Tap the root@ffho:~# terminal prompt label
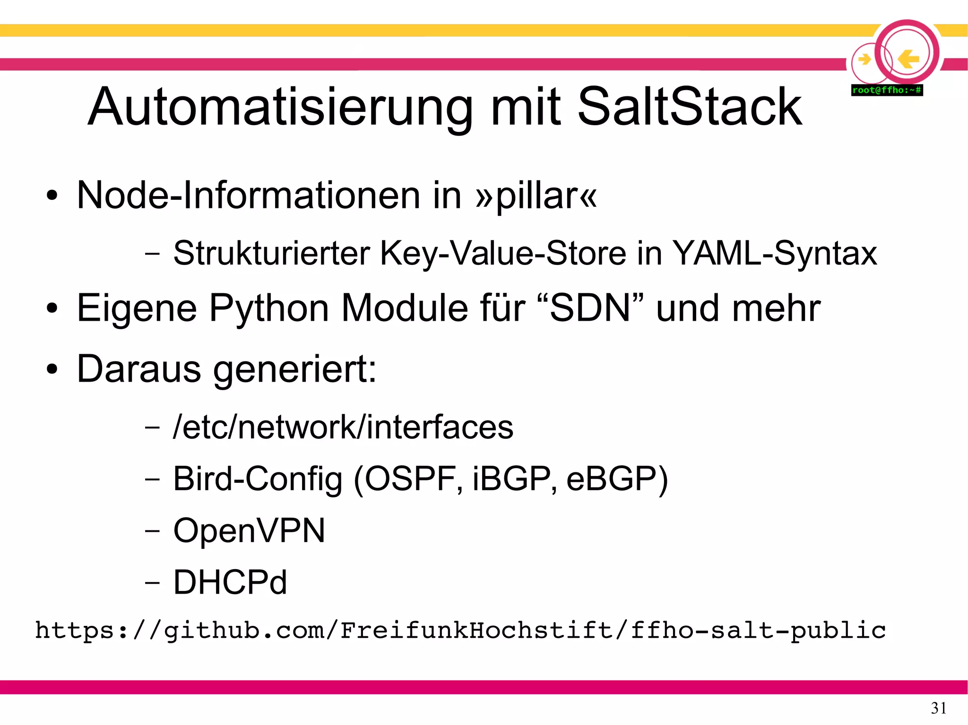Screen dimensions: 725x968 click(887, 90)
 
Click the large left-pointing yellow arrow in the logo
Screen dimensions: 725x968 click(908, 59)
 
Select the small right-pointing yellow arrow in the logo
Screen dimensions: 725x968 click(864, 60)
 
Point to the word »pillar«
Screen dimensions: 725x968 click(536, 196)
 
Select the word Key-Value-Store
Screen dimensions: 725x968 click(503, 254)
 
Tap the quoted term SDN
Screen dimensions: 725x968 click(590, 308)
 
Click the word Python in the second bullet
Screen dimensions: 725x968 click(269, 308)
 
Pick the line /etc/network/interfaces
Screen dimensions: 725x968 click(343, 427)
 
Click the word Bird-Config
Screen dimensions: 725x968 click(258, 479)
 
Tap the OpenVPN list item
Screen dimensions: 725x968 click(249, 530)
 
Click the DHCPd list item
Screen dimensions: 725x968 click(230, 582)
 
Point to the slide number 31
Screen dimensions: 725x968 click(938, 708)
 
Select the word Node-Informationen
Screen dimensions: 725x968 click(249, 196)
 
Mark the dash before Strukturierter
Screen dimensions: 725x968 click(152, 254)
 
